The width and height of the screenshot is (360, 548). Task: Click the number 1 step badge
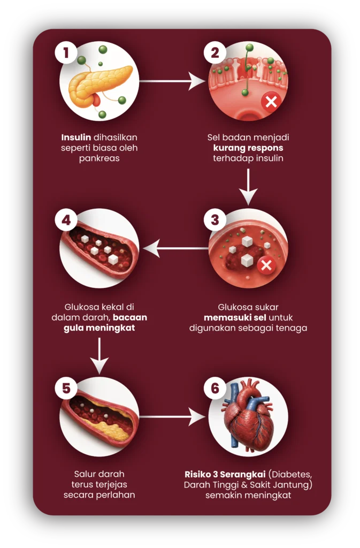point(66,53)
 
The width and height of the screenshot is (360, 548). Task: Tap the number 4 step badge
point(66,220)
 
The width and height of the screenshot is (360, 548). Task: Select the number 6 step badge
point(215,387)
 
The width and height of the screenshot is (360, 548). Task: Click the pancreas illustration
point(100,86)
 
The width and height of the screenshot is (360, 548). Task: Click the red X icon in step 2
point(271,102)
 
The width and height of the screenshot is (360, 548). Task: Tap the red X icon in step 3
point(266,265)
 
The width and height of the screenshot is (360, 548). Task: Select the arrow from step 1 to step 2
point(172,81)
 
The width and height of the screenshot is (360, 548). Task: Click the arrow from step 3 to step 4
point(175,248)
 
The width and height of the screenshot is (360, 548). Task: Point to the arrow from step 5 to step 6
point(172,416)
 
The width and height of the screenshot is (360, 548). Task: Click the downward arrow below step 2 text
point(248,187)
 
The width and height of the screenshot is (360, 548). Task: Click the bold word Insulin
point(76,138)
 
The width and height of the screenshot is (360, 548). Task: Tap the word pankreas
point(99,158)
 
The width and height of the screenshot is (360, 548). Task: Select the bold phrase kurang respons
point(248,148)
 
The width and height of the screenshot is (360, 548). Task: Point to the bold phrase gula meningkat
point(99,328)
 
